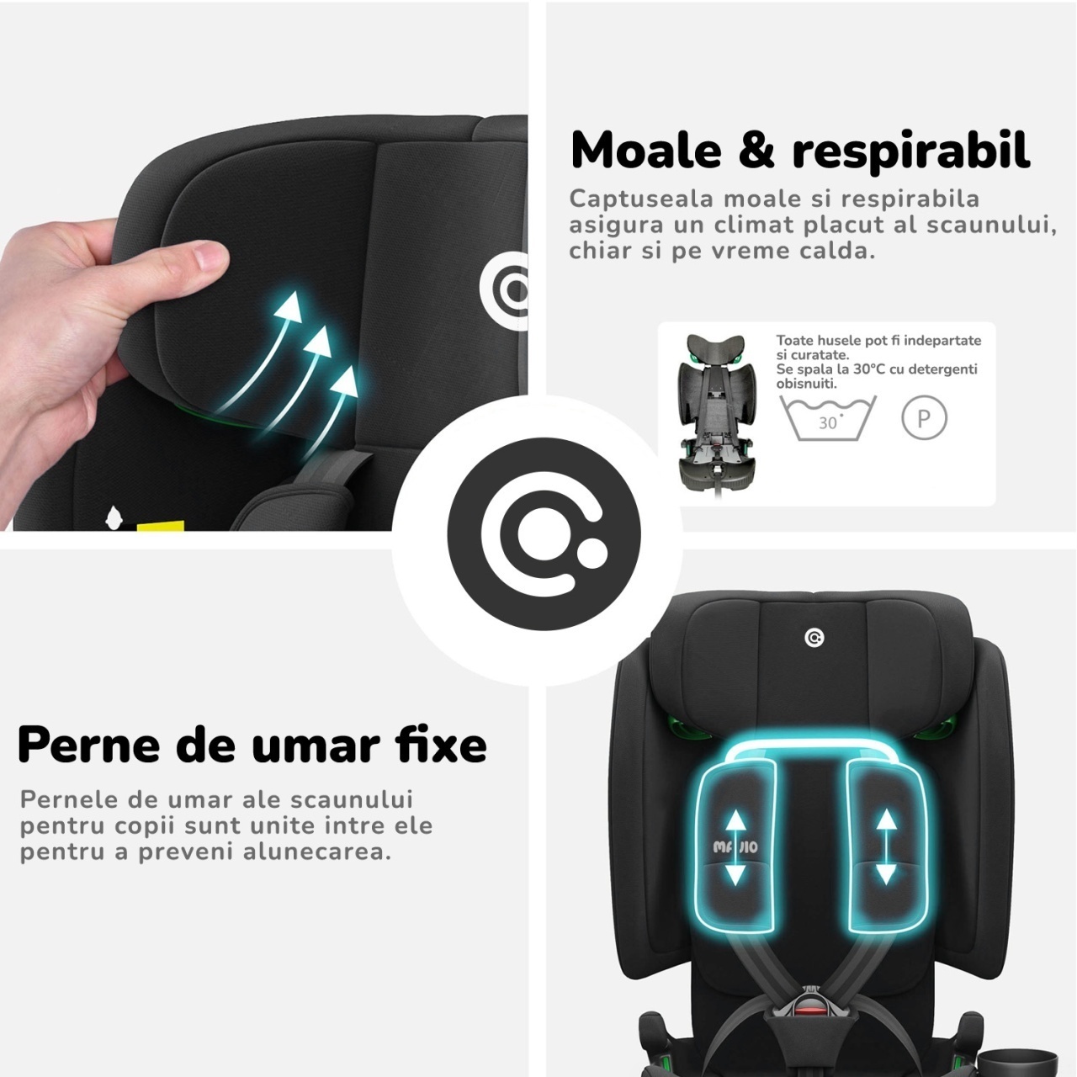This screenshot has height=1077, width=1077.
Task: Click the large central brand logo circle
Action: tap(544, 533)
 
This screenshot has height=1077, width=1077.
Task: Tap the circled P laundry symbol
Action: tap(924, 417)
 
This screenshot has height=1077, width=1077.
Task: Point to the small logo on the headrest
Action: tap(814, 638)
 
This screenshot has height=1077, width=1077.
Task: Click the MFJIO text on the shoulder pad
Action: tap(735, 846)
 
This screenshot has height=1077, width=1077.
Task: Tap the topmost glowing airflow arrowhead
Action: tap(289, 307)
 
